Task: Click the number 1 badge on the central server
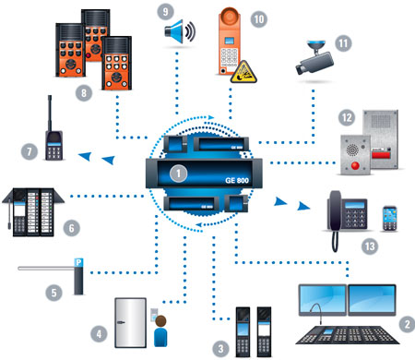coord(178,174)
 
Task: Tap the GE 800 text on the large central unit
coord(237,180)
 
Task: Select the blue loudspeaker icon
coord(180,31)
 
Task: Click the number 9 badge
coord(165,12)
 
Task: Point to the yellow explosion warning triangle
coord(243,72)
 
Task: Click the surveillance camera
coord(314,58)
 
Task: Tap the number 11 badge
coord(343,43)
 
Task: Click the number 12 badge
coord(347,117)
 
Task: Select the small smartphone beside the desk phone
coord(390,219)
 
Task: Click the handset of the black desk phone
coord(335,210)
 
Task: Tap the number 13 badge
coord(370,246)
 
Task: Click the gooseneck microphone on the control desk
coord(316,312)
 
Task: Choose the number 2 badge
coord(408,324)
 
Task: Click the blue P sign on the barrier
coord(78,262)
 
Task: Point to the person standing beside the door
coord(160,330)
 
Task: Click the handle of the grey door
coord(121,322)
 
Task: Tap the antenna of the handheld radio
coord(50,114)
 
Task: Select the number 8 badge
coord(84,93)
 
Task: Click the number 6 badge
coord(71,228)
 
